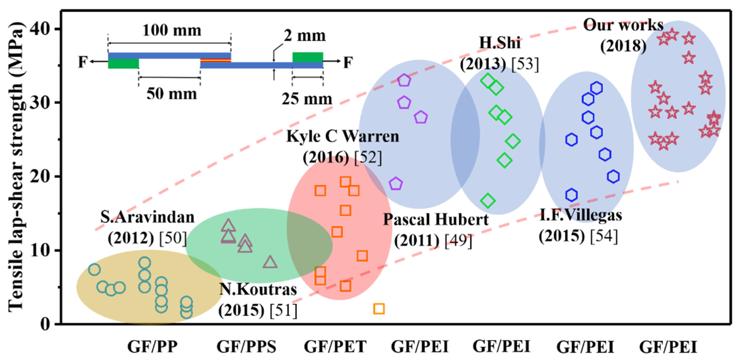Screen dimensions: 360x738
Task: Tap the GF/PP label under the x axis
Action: pyautogui.click(x=152, y=347)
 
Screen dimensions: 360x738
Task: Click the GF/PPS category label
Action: pyautogui.click(x=246, y=347)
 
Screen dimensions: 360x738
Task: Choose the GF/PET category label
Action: pyautogui.click(x=335, y=347)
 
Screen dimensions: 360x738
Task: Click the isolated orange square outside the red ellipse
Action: pyautogui.click(x=379, y=309)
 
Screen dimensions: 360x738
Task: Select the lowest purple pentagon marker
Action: pyautogui.click(x=396, y=183)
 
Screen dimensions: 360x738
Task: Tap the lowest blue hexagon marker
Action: pyautogui.click(x=571, y=195)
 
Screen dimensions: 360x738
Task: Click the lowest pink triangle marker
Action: pyautogui.click(x=270, y=262)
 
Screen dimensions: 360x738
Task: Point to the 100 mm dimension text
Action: pyautogui.click(x=172, y=30)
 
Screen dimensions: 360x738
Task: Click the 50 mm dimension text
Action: pyautogui.click(x=172, y=94)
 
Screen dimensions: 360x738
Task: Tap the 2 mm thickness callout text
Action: pyautogui.click(x=305, y=36)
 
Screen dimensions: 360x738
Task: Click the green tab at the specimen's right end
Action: pyautogui.click(x=307, y=57)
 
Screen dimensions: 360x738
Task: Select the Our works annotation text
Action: pyautogui.click(x=623, y=25)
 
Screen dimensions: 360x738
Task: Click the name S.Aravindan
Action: pyautogui.click(x=147, y=217)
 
